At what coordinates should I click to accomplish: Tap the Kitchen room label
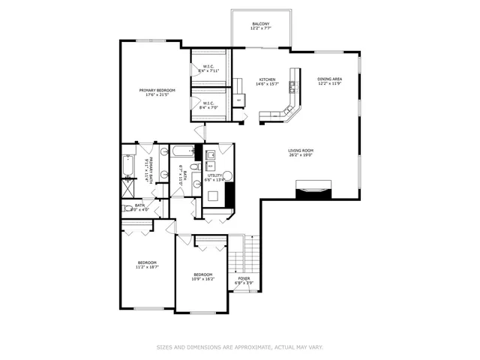click(x=268, y=82)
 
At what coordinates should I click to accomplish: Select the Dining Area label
click(x=330, y=81)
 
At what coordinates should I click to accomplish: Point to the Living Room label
click(x=301, y=153)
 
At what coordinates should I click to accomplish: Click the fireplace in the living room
click(x=313, y=190)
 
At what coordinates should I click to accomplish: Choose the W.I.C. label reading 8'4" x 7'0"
click(x=208, y=106)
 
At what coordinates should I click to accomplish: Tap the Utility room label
click(x=215, y=178)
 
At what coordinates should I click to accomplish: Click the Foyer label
click(x=244, y=280)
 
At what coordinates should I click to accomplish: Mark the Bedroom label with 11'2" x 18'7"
click(x=146, y=265)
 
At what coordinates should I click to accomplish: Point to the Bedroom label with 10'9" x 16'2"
click(x=202, y=277)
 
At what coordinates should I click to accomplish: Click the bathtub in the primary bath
click(x=127, y=166)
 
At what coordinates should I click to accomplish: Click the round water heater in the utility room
click(x=228, y=175)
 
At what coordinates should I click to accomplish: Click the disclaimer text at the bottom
click(x=240, y=347)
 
